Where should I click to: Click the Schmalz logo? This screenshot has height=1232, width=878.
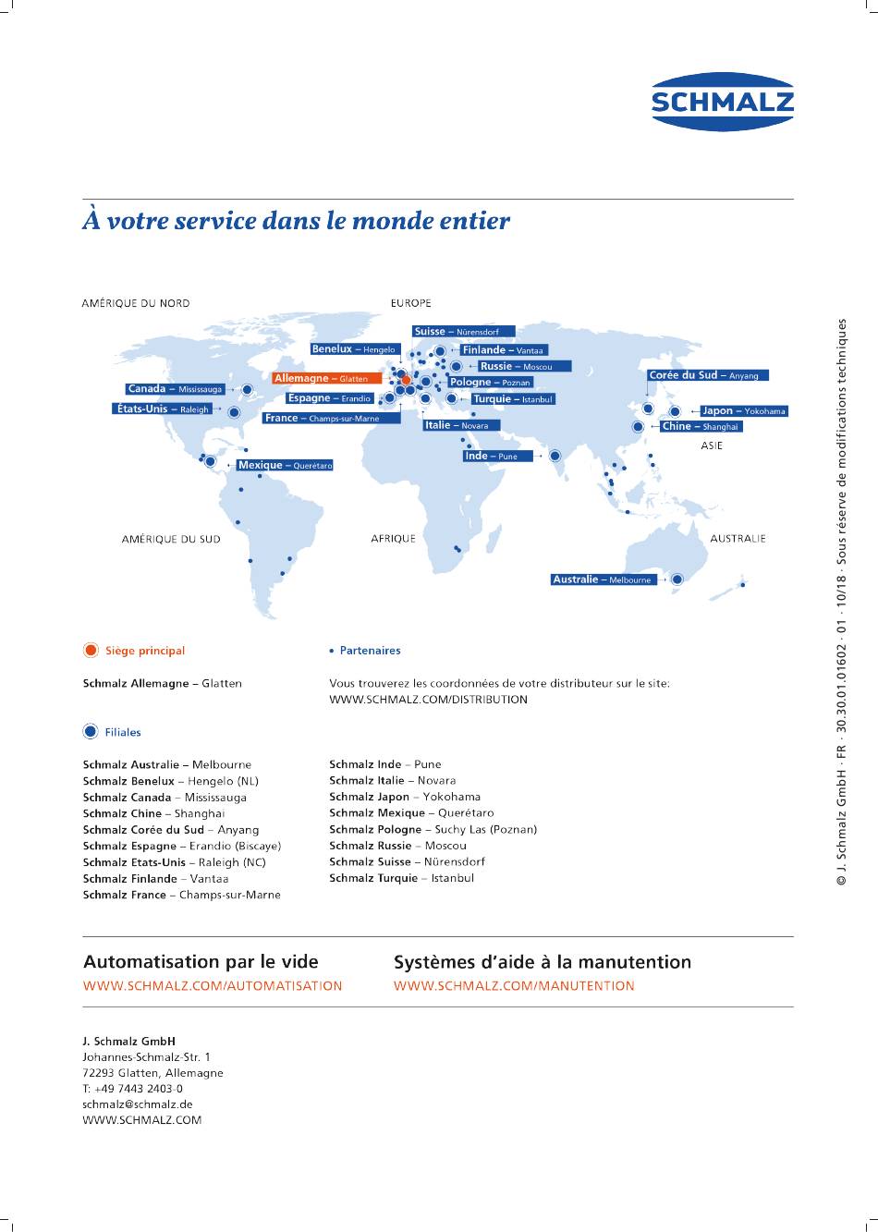click(723, 102)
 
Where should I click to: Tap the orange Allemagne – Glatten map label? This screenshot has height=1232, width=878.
click(327, 378)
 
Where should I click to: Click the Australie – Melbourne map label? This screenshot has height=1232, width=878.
click(604, 579)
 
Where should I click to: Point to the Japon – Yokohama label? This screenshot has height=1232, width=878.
click(744, 411)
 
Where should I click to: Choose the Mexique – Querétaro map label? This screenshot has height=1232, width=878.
click(285, 465)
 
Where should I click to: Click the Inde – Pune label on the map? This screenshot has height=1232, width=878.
click(498, 456)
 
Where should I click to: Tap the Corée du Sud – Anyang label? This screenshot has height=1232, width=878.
click(707, 375)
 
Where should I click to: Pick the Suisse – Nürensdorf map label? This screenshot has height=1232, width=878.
click(464, 331)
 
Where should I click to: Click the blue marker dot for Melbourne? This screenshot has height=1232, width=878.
click(677, 579)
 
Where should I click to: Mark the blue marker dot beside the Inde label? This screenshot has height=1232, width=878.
click(555, 456)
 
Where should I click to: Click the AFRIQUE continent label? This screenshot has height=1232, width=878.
click(393, 539)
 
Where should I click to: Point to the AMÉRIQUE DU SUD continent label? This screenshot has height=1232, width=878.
click(171, 539)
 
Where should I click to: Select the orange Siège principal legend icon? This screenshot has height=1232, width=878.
click(91, 650)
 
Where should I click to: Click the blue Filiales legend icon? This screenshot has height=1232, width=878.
click(91, 731)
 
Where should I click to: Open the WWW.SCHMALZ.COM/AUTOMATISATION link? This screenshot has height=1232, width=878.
click(213, 986)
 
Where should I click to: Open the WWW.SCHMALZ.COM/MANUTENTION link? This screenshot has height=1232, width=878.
click(514, 986)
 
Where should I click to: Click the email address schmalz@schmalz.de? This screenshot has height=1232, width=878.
click(138, 1104)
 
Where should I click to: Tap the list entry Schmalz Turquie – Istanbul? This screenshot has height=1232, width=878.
click(402, 878)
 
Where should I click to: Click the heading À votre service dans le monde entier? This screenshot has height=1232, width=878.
click(296, 221)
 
